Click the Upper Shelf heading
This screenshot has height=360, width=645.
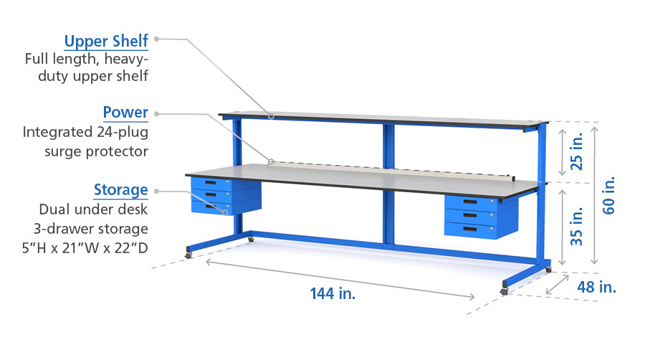(x=106, y=42)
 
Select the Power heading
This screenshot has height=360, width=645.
(x=125, y=113)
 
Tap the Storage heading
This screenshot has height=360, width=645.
(x=120, y=190)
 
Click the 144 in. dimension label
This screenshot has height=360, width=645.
(x=333, y=294)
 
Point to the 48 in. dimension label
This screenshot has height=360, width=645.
(x=596, y=287)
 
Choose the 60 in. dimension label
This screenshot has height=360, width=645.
(x=608, y=195)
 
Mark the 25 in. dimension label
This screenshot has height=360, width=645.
(x=577, y=151)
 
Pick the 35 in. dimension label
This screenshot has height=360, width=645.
(x=577, y=227)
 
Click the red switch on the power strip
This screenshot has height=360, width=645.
(x=512, y=178)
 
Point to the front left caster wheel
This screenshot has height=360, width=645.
(x=188, y=255)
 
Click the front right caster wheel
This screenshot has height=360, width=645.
(x=505, y=291)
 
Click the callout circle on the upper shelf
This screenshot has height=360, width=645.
(x=272, y=116)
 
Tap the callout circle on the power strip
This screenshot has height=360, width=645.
(x=271, y=161)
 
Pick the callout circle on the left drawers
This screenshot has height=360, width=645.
(x=226, y=213)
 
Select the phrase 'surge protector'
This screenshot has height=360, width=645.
(x=96, y=152)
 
